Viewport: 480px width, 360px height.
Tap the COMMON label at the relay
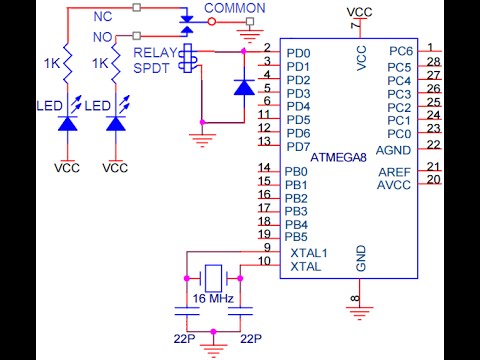[235, 9]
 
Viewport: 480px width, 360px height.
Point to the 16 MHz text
[214, 299]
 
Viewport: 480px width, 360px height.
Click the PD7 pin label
[298, 147]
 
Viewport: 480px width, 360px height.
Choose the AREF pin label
[394, 172]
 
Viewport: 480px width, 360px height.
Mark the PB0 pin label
[297, 171]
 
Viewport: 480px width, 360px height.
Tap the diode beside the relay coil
[243, 88]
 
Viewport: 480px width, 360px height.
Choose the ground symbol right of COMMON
[245, 34]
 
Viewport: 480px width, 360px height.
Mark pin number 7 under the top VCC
[353, 26]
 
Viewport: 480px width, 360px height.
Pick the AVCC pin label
[394, 185]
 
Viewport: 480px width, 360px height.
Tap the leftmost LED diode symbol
[67, 124]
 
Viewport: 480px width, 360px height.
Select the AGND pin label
[394, 147]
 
